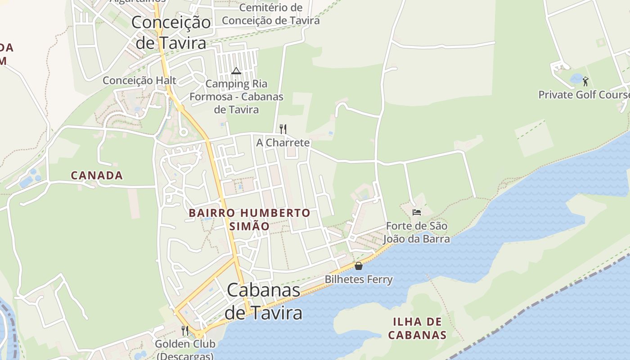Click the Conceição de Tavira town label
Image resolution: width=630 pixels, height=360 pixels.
[171, 32]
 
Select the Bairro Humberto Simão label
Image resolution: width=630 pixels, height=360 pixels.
[249, 219]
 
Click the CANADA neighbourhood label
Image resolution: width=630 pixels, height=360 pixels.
[97, 175]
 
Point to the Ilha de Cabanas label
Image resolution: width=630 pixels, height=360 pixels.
[417, 328]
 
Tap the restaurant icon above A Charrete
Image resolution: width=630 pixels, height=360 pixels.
[283, 129]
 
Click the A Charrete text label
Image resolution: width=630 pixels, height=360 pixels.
[283, 143]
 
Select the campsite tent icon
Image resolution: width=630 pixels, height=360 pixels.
[236, 71]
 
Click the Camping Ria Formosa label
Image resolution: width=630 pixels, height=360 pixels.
[236, 96]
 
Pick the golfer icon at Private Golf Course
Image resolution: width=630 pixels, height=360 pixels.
[585, 81]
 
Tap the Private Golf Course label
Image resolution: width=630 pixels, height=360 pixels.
[584, 95]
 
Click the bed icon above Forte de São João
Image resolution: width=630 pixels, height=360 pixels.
[416, 212]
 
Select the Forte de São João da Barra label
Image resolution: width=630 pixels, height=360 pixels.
[417, 232]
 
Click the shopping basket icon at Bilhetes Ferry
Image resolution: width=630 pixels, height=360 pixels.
[359, 266]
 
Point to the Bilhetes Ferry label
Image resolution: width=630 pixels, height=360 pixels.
[359, 279]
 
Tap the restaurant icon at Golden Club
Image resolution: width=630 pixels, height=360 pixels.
[184, 331]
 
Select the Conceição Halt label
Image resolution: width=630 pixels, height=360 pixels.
[139, 81]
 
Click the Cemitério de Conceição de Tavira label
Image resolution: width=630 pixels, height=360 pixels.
[271, 14]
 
